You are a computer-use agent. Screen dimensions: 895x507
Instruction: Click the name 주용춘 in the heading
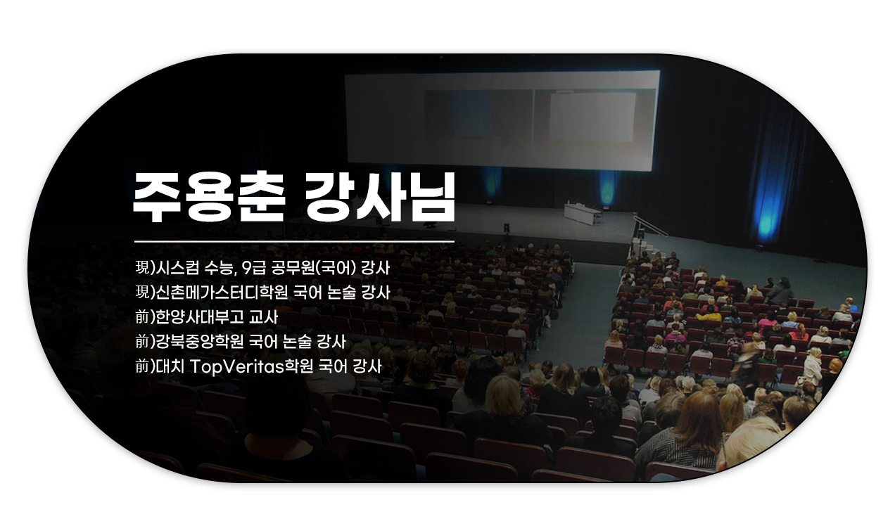click(208, 198)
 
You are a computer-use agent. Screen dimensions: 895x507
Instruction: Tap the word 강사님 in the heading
click(379, 198)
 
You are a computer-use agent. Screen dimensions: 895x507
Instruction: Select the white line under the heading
click(295, 241)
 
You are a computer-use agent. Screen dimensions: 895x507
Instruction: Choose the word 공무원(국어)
click(313, 268)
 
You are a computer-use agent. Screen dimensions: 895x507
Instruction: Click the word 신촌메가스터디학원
click(222, 293)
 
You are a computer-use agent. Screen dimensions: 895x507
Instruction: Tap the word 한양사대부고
click(199, 317)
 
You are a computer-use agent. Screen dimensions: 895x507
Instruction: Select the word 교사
click(263, 317)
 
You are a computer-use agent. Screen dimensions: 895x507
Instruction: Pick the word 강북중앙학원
click(199, 342)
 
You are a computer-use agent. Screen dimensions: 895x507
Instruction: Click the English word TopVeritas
click(236, 367)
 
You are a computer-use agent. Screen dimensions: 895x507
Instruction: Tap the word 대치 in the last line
click(170, 367)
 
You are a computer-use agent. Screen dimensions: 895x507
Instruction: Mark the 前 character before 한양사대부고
click(142, 317)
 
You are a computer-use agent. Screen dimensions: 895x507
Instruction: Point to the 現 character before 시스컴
click(142, 268)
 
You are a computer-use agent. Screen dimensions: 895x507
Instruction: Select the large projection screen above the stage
click(502, 120)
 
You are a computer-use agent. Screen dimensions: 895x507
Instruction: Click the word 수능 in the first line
click(217, 268)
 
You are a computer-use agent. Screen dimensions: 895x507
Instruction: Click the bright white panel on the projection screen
click(592, 117)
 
